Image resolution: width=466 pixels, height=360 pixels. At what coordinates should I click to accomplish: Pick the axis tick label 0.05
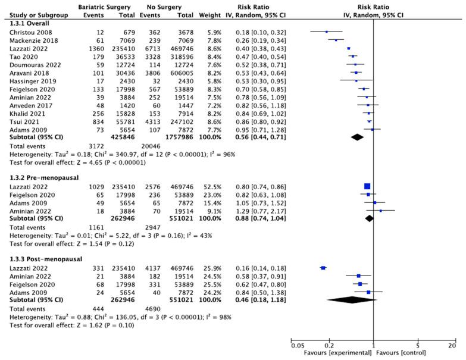click(x=295, y=345)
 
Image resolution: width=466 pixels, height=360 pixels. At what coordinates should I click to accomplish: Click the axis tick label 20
click(x=453, y=345)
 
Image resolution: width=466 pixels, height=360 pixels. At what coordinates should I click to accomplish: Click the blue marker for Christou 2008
click(x=326, y=32)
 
